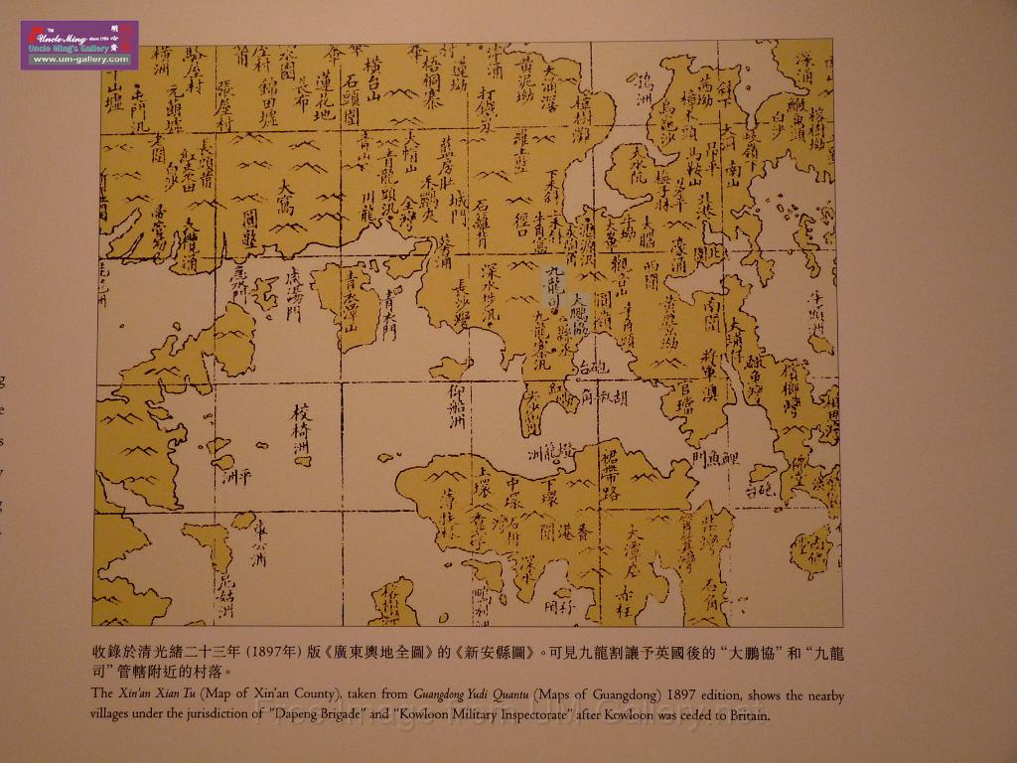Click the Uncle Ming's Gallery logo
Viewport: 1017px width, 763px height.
[x=79, y=45]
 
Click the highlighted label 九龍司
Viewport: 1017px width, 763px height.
[x=553, y=286]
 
